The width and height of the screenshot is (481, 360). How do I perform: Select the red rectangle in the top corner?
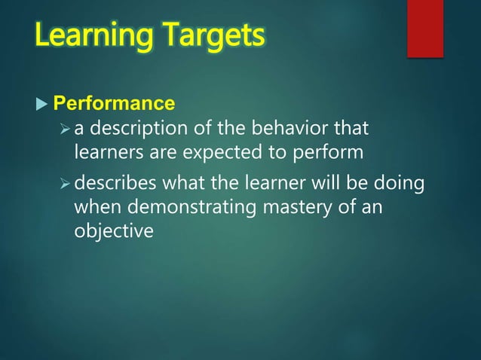tap(424, 28)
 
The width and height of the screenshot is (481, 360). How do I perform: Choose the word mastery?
tap(300, 206)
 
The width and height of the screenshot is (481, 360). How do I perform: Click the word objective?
tap(113, 231)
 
